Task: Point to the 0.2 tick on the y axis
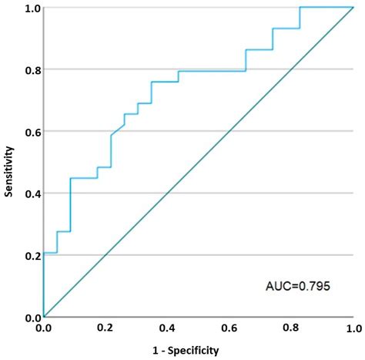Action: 29,255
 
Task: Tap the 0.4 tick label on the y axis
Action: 29,193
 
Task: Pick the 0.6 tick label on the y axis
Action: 29,132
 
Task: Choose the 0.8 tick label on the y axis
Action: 29,69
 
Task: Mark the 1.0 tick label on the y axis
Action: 29,8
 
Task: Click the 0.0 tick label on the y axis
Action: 29,317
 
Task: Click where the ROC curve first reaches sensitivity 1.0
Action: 300,8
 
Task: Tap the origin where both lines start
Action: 44,317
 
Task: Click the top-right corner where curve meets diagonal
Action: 353,8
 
